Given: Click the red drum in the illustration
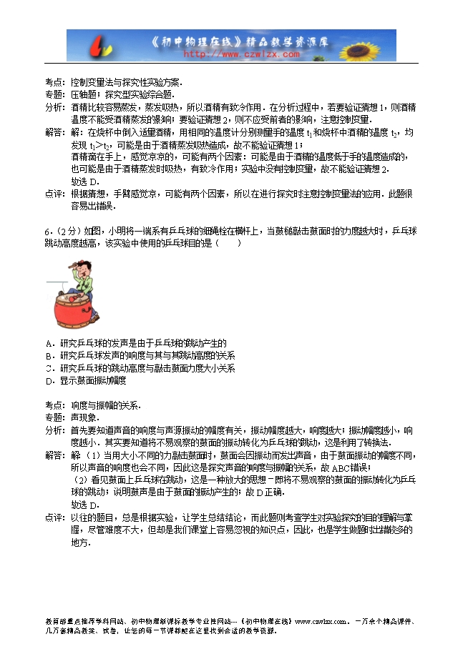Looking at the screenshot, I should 74,309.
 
